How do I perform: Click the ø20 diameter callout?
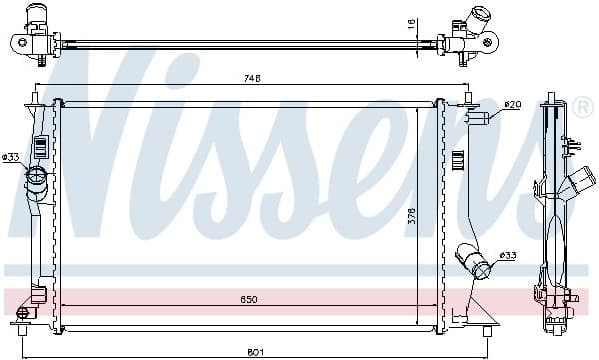pyautogui.click(x=512, y=104)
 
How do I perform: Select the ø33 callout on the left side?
pyautogui.click(x=11, y=157)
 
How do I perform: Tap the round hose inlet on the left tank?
pyautogui.click(x=37, y=181)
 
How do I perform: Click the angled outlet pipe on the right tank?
pyautogui.click(x=474, y=262)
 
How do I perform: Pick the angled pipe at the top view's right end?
pyautogui.click(x=473, y=24)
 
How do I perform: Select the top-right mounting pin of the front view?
pyautogui.click(x=467, y=100)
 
